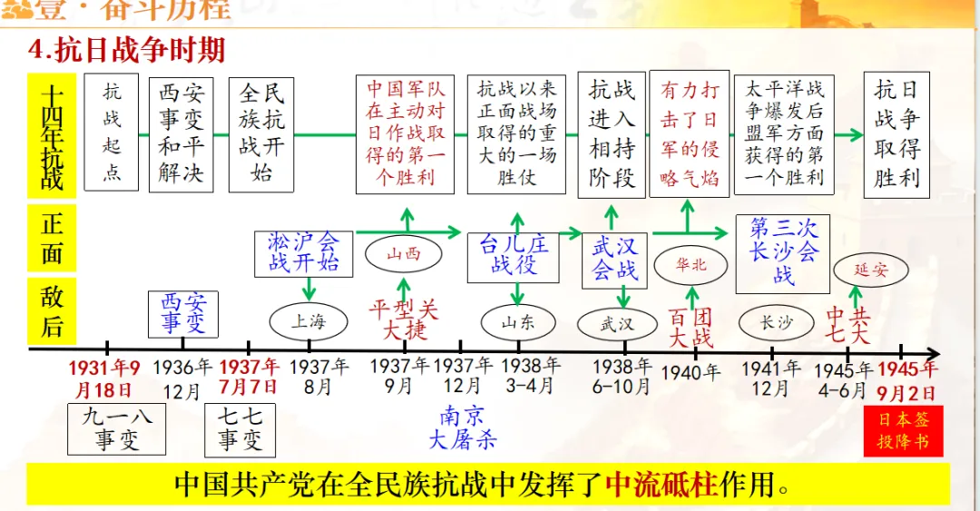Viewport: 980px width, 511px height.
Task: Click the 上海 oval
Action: coord(309,320)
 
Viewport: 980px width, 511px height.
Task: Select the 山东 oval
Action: coord(518,322)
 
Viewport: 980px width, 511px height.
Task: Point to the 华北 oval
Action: coord(691,265)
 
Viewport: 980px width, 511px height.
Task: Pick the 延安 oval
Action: coord(870,270)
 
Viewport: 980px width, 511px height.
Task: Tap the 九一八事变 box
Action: coord(117,429)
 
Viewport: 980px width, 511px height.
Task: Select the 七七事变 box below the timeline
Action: coord(240,429)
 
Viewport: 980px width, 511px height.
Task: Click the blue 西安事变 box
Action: coord(183,313)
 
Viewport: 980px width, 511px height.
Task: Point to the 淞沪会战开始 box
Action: coord(303,252)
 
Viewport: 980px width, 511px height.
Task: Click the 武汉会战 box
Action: coord(615,259)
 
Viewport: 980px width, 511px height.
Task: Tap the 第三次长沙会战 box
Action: coord(783,251)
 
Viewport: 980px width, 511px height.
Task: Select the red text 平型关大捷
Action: coord(404,319)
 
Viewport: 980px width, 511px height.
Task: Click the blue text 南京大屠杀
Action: coord(463,427)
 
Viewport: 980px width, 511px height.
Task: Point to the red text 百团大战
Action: coord(691,328)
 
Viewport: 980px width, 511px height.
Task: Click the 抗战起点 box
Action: coord(112,133)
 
